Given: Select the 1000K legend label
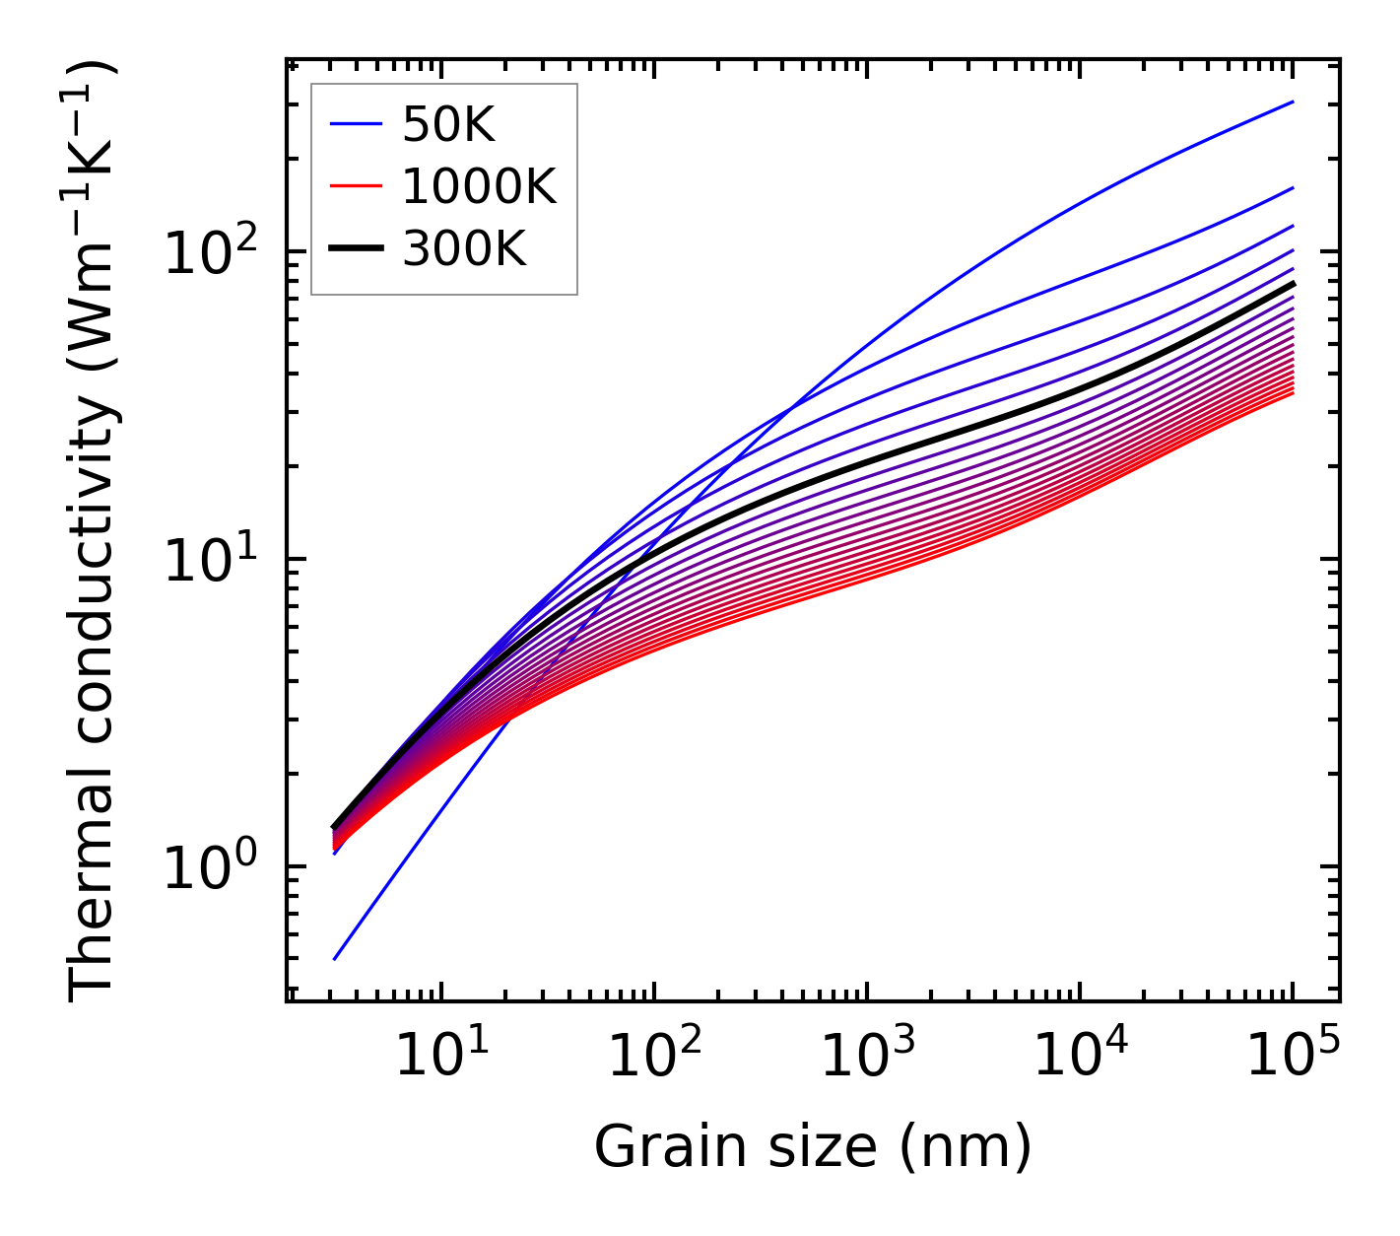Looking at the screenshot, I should point(479,186).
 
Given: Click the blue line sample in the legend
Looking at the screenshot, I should point(355,124).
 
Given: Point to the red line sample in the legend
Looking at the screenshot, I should point(355,186).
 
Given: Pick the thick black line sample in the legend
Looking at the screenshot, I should point(355,249).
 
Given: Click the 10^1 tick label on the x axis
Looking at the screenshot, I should point(440,1060).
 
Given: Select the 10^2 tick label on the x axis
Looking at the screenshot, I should point(653,1060).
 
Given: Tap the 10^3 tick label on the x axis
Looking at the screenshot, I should point(867,1060).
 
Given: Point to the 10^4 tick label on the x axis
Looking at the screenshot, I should point(1080,1060).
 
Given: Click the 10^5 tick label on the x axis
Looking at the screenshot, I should point(1293,1060).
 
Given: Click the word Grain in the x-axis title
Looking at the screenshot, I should point(650,1148).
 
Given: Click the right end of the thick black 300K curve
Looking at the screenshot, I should point(1293,283).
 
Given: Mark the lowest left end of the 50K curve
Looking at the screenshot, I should point(335,959).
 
